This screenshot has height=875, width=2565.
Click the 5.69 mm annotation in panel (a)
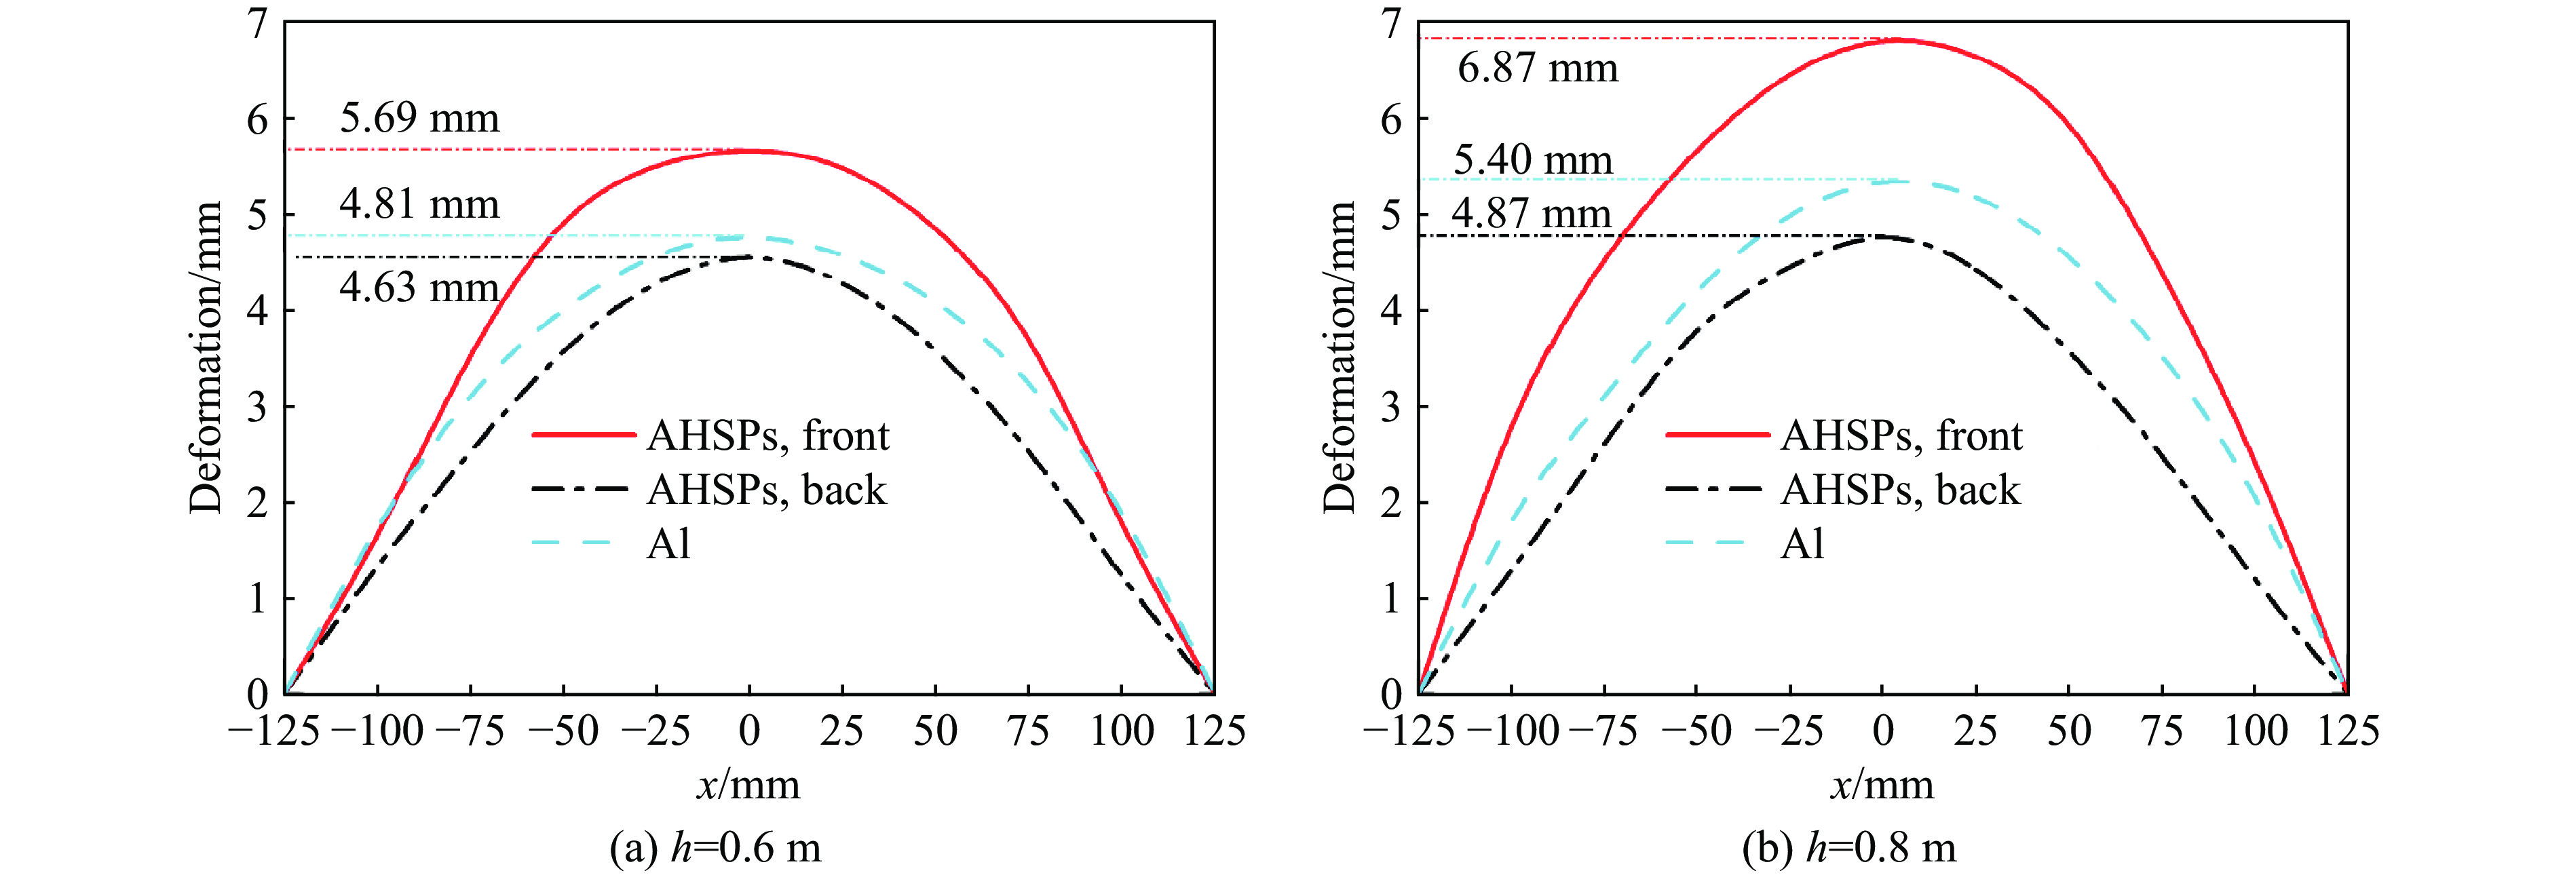coord(419,119)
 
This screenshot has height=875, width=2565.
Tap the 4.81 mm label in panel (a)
coord(419,204)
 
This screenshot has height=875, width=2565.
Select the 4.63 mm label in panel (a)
coord(419,288)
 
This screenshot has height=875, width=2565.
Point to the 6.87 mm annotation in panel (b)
coord(1538,69)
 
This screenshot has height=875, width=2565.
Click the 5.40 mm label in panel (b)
coord(1532,159)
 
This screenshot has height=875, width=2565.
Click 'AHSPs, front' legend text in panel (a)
coord(767,436)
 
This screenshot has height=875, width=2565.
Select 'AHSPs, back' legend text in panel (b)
coord(1900,490)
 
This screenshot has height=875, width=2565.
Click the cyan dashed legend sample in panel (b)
coord(1707,543)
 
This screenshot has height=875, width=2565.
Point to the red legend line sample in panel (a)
coord(582,436)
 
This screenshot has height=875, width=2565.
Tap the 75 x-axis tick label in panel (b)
coord(2162,732)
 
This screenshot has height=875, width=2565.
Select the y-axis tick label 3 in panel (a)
coord(258,407)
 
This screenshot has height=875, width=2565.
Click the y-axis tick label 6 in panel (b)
coord(1391,119)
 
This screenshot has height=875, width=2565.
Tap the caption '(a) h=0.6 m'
coord(715,848)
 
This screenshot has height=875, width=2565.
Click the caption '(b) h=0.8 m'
coord(1849,848)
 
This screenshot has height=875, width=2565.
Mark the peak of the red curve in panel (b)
coord(1900,40)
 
